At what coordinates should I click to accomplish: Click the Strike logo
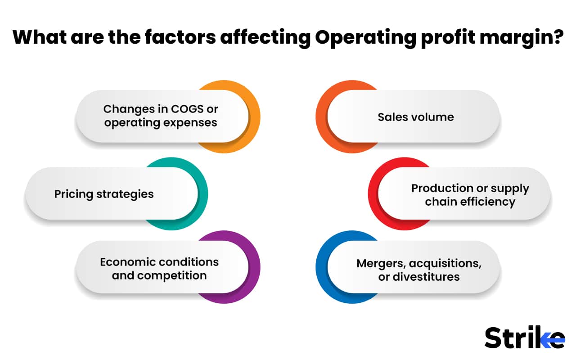(524, 337)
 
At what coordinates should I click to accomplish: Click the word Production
(442, 188)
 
